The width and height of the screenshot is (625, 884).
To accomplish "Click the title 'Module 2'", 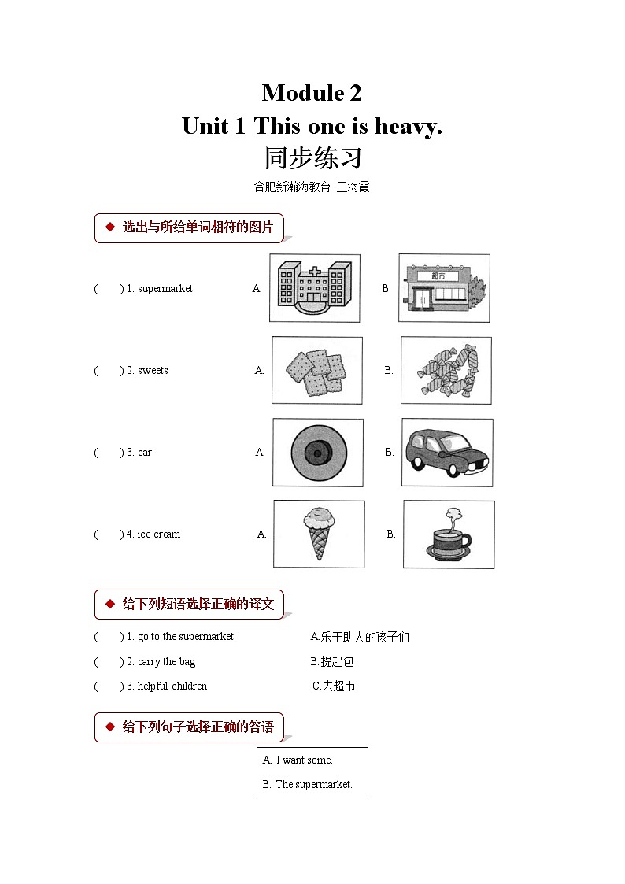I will click(x=312, y=93).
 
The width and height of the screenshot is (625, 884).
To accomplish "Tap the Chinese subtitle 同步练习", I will click(x=312, y=157).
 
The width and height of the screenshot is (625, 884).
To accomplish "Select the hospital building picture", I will click(x=314, y=288).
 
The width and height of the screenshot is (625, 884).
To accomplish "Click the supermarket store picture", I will click(x=444, y=288).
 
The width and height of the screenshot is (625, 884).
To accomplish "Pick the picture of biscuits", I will click(x=316, y=371).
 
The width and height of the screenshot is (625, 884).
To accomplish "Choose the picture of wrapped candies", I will click(x=446, y=371).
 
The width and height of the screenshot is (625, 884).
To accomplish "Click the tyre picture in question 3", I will click(x=317, y=453).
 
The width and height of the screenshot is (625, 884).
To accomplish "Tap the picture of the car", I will click(x=446, y=453).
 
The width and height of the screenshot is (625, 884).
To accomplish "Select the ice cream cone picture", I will click(x=318, y=534).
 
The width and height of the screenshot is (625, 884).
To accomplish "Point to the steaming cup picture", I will click(x=448, y=534).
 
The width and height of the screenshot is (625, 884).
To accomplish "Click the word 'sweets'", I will click(x=153, y=371).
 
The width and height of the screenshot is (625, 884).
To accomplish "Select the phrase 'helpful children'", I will click(x=172, y=686).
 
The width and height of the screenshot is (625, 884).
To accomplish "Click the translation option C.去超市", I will click(x=334, y=686).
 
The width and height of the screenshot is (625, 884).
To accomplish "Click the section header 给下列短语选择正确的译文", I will click(x=198, y=605).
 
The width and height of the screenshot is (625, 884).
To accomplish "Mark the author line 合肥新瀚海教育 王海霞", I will click(x=312, y=187).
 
